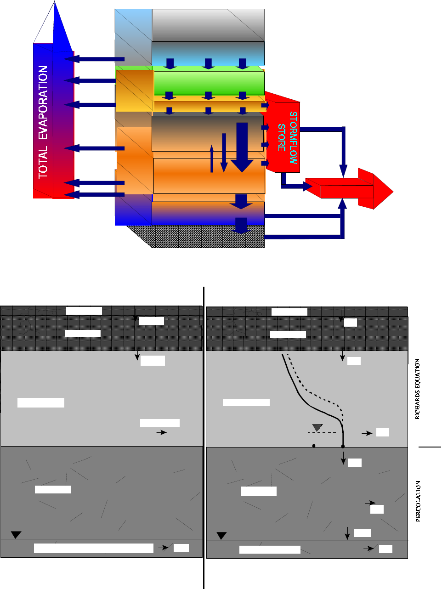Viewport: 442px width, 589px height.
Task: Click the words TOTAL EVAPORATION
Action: (x=43, y=122)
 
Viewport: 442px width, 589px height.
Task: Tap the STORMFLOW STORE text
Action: (x=288, y=137)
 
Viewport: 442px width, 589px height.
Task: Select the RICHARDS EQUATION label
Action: (x=418, y=389)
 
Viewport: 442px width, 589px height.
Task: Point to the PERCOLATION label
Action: (x=419, y=501)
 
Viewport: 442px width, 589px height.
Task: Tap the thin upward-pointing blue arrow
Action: (x=212, y=159)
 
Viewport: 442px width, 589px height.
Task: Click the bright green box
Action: (x=209, y=83)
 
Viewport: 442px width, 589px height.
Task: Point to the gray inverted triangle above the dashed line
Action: (x=317, y=427)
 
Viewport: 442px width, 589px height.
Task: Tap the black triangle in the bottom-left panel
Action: (x=16, y=534)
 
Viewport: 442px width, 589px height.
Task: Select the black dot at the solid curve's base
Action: (x=343, y=446)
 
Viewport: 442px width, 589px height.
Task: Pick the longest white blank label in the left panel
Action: (x=94, y=548)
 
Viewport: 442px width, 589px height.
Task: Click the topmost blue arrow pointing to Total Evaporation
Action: (x=94, y=58)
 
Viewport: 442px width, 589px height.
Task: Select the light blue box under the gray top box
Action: (x=208, y=53)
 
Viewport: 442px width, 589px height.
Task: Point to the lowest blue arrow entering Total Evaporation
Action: (x=94, y=195)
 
